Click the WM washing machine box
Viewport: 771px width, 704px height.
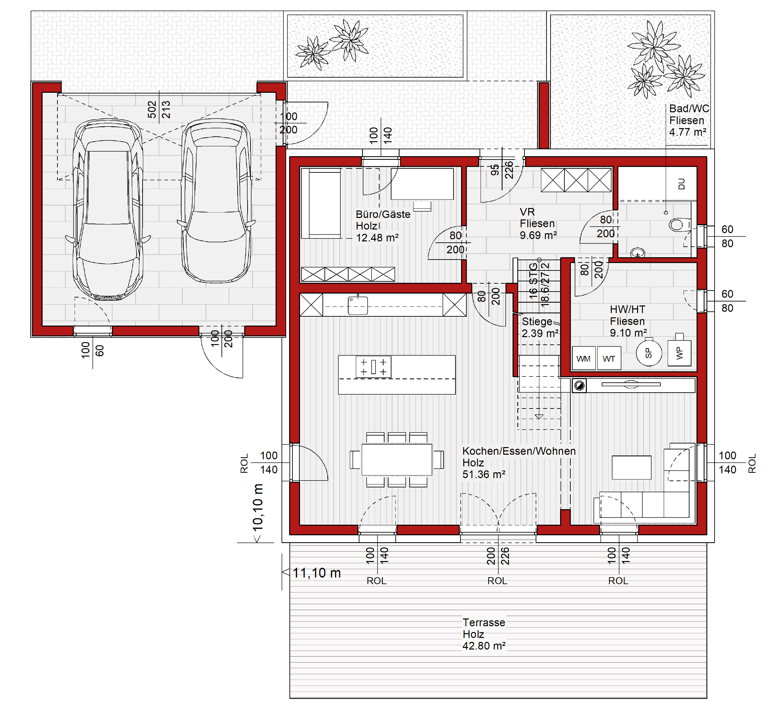(x=584, y=359)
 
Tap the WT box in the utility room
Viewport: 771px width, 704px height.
(x=609, y=359)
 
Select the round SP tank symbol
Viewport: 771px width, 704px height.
(x=649, y=353)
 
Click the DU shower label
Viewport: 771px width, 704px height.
(x=681, y=184)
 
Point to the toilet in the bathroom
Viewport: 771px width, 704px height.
(x=679, y=225)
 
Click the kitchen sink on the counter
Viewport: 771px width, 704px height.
(x=357, y=305)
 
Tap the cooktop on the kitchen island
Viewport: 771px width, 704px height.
(x=373, y=367)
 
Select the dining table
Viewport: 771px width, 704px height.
(x=397, y=460)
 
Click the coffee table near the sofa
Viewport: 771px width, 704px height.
(x=631, y=467)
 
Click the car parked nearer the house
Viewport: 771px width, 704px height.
(x=217, y=201)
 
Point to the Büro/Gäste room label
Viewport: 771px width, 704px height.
(x=383, y=214)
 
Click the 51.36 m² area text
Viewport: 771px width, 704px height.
(x=484, y=475)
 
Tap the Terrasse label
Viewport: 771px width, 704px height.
(x=484, y=622)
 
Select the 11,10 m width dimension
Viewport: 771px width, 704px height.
(x=317, y=573)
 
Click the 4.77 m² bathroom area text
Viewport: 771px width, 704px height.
(x=687, y=132)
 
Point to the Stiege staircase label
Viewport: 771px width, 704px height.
(x=537, y=321)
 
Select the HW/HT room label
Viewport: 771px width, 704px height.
(x=627, y=309)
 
